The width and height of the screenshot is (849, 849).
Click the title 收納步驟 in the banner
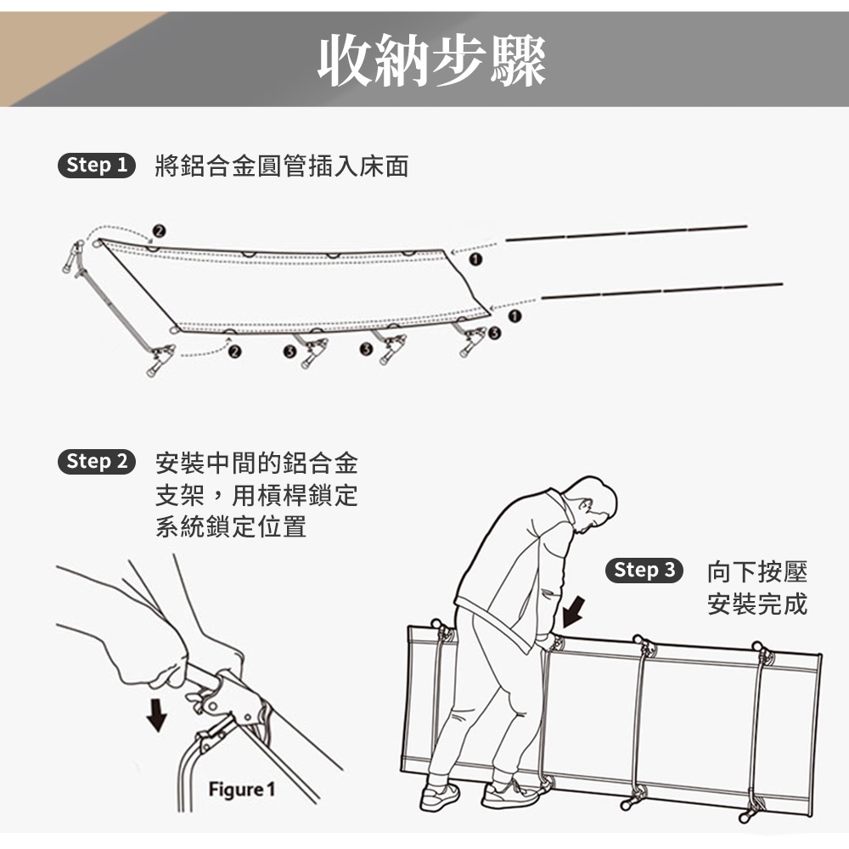click(431, 59)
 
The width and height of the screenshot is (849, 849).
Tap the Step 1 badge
click(97, 166)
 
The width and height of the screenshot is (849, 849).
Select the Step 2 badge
click(97, 462)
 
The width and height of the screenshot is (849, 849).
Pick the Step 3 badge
click(644, 571)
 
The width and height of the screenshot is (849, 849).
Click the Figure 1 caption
click(242, 790)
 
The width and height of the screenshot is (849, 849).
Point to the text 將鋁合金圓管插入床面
click(282, 166)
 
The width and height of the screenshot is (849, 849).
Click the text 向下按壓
click(757, 571)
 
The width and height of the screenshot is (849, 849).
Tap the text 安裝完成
click(757, 604)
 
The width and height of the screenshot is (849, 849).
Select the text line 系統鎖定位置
click(231, 526)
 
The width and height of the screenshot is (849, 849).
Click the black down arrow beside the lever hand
click(157, 715)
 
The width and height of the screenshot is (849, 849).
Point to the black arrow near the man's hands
click(573, 612)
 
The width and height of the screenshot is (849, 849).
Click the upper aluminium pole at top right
click(627, 233)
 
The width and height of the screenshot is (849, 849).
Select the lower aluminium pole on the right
click(662, 290)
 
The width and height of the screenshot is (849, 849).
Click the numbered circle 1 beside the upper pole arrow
click(475, 260)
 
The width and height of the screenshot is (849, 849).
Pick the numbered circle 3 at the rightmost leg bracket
click(494, 333)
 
